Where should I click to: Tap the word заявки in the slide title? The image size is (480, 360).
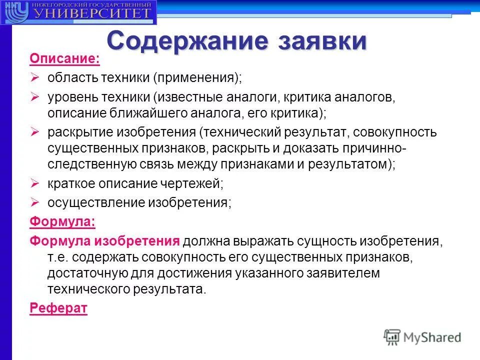pos(319,41)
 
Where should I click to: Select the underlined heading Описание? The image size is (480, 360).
pos(64,59)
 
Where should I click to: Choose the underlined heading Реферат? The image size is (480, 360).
pos(58,308)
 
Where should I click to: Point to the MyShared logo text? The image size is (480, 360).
pos(432,337)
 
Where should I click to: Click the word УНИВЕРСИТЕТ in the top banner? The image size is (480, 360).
pos(92,13)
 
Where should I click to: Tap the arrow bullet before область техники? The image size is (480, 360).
pos(35,77)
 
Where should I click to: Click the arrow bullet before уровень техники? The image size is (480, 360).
pos(35,96)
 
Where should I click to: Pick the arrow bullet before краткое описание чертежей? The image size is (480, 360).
pos(35,183)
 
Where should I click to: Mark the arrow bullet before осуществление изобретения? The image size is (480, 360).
pos(35,202)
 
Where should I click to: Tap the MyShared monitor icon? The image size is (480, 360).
pos(392,337)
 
